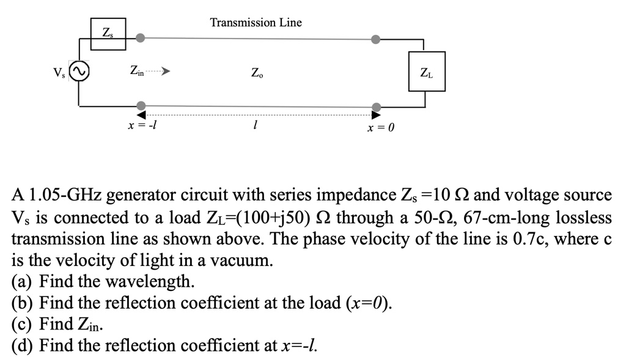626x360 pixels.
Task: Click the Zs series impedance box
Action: coord(108,34)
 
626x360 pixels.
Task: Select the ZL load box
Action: coord(427,72)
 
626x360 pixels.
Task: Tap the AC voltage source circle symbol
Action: coord(79,72)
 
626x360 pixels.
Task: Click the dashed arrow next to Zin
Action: coord(157,71)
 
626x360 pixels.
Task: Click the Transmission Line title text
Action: coord(256,23)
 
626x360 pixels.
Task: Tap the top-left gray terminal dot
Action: coord(141,38)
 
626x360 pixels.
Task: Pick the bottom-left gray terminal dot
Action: coord(141,105)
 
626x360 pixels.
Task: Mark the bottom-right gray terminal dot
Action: coord(377,105)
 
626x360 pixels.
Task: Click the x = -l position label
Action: coord(142,125)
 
